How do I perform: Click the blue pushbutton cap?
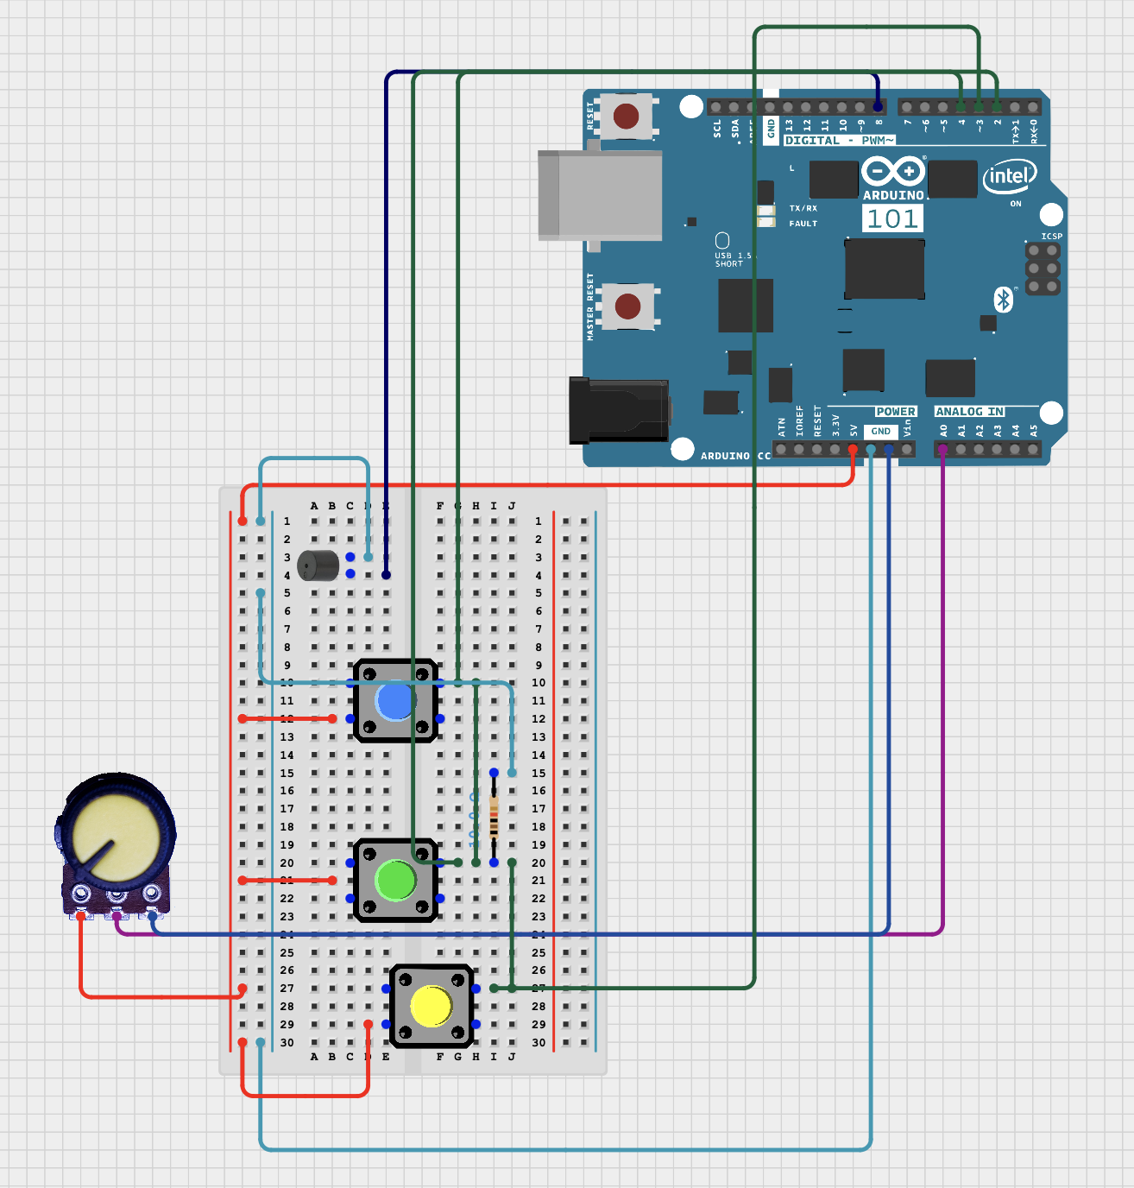tap(395, 701)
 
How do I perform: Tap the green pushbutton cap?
tap(396, 881)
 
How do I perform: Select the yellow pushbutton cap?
tap(431, 1007)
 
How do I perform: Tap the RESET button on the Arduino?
tap(626, 115)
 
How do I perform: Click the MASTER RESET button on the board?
tap(627, 306)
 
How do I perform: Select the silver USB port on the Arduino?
tap(600, 195)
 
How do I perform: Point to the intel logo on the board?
tap(1009, 177)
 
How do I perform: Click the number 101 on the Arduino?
tap(892, 218)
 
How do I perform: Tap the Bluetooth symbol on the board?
tap(1003, 300)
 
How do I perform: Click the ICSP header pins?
tap(1043, 269)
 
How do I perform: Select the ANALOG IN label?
tap(969, 412)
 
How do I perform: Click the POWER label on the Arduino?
tap(895, 412)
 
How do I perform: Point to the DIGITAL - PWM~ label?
tap(839, 140)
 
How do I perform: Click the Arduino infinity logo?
tap(892, 171)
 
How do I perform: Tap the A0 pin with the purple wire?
tap(942, 449)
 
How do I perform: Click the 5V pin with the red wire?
tap(853, 449)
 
